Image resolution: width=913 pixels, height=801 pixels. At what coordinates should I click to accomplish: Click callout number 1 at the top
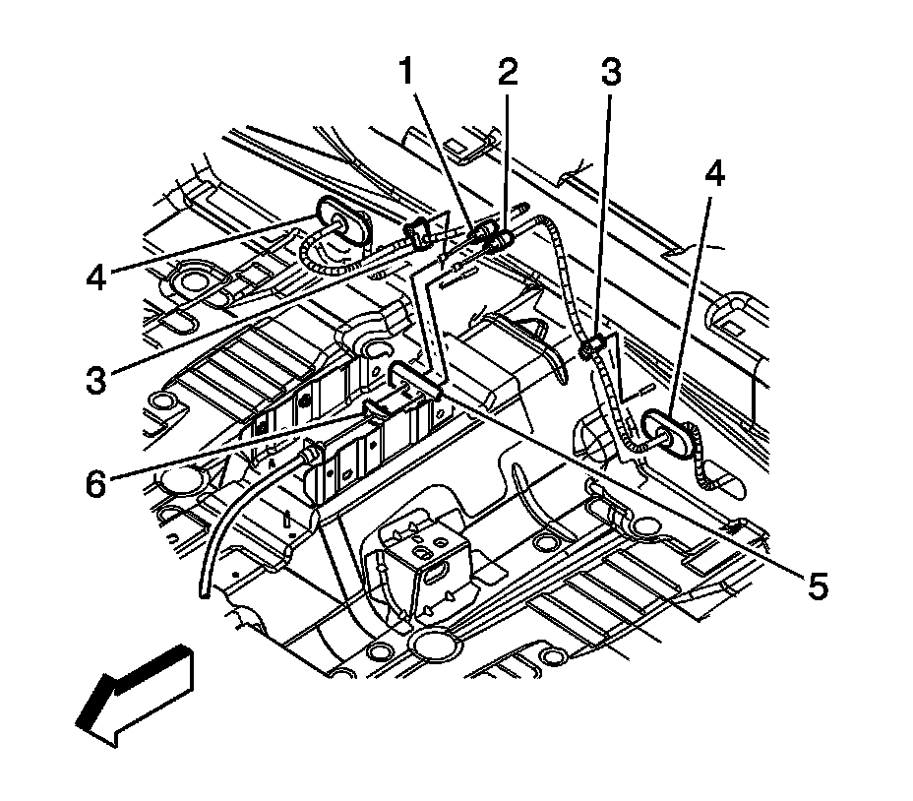[405, 73]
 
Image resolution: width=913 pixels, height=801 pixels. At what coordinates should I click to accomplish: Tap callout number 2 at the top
[507, 73]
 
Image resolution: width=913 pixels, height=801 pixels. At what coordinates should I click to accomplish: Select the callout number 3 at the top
[611, 73]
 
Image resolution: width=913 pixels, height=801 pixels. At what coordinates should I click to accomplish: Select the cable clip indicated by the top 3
[592, 347]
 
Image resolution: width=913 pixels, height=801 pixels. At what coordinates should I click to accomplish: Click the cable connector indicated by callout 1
[479, 236]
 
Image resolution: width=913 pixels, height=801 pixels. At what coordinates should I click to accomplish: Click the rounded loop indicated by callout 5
[411, 375]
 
